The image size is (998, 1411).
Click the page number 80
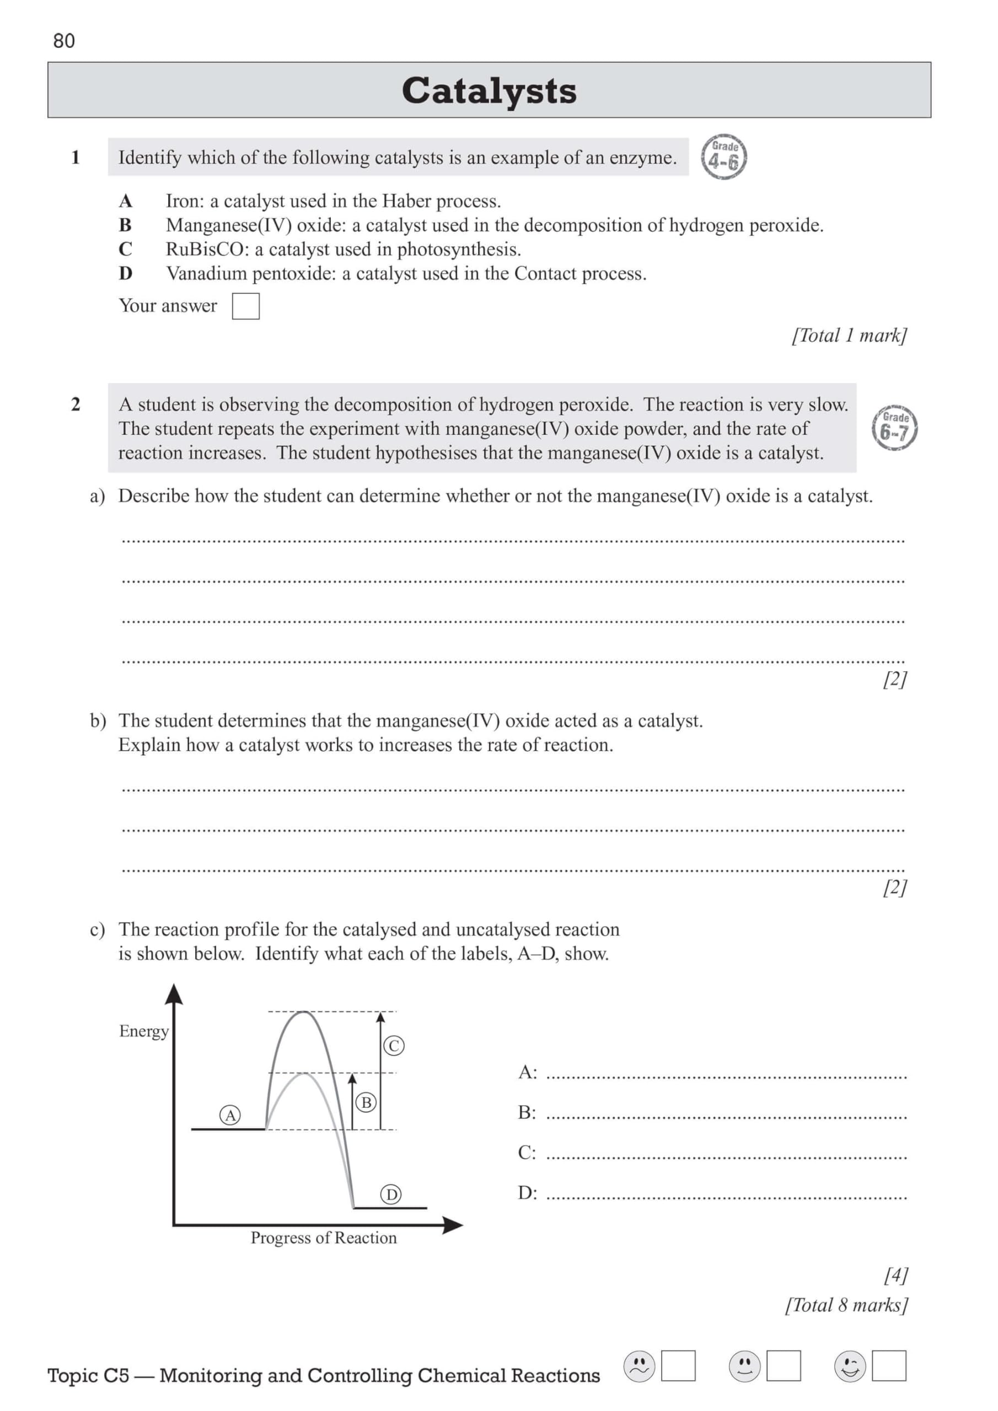64,41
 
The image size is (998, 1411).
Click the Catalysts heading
489,90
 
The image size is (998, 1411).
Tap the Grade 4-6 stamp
725,157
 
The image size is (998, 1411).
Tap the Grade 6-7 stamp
895,428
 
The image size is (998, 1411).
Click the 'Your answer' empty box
245,306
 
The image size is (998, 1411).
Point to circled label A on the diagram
230,1115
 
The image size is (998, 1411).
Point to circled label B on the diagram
366,1102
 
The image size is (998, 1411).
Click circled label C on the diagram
394,1046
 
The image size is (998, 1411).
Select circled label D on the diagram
390,1194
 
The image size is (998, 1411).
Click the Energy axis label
143,1031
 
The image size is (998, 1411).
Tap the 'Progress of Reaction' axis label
324,1238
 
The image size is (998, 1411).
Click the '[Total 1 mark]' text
849,336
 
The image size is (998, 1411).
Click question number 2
76,405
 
